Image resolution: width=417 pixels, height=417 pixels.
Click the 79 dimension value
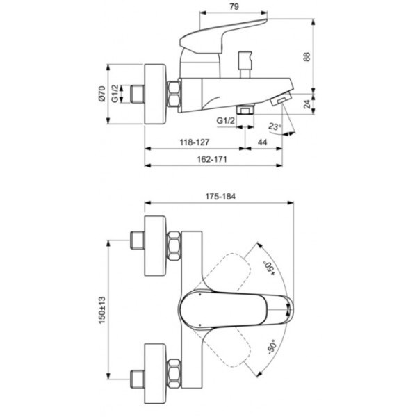pos(234,6)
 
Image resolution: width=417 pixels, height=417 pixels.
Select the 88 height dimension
pos(306,57)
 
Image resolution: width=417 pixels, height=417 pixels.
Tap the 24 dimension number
pos(307,104)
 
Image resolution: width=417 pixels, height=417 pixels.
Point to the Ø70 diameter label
pos(102,94)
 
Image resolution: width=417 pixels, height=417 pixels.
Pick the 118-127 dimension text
pos(195,142)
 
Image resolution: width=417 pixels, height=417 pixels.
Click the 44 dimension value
pos(262,142)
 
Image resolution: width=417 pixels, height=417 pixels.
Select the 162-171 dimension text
pos(212,159)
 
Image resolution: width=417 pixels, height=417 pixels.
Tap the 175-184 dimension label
pos(220,197)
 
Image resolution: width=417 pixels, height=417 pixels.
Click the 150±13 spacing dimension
pos(102,310)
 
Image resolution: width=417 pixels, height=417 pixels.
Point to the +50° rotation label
pos(270,268)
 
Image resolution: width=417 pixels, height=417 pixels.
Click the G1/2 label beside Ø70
pos(115,94)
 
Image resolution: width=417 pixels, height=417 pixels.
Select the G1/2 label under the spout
pos(226,121)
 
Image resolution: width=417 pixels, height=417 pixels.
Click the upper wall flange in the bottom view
pos(155,246)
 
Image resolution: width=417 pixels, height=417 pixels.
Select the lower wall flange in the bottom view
pos(155,373)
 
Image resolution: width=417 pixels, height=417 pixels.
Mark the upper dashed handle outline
pos(223,271)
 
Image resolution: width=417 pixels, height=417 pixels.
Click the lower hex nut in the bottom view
pos(174,373)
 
